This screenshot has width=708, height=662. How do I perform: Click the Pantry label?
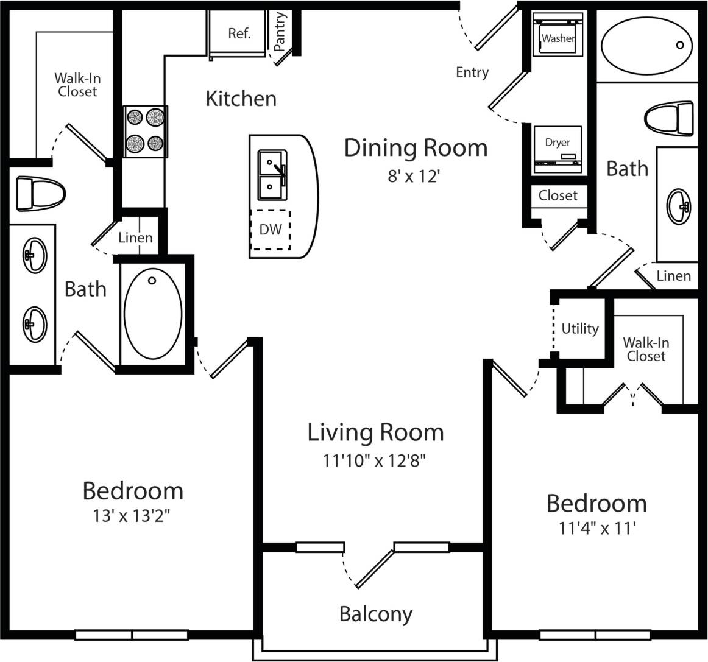click(280, 32)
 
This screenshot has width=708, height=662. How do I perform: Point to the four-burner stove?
click(146, 131)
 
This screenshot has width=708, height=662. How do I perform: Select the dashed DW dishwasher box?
click(271, 230)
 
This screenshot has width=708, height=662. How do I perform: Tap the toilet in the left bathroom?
click(40, 193)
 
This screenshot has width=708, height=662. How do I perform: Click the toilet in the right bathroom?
click(670, 118)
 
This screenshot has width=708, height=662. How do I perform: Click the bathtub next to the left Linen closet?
click(152, 314)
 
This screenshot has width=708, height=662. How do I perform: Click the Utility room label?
click(579, 329)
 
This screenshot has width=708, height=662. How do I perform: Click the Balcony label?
click(375, 614)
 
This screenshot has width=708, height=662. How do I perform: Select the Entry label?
click(472, 72)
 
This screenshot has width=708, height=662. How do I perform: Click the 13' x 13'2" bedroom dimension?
click(131, 516)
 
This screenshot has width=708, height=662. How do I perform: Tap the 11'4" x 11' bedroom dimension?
click(597, 529)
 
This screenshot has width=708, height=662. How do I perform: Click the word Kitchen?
click(241, 99)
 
